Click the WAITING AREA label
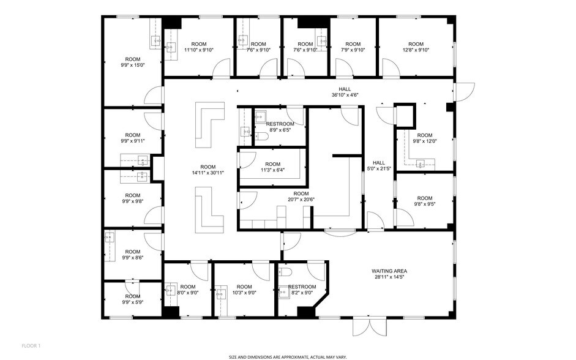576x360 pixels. click(x=389, y=274)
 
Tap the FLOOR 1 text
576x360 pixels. click(x=30, y=346)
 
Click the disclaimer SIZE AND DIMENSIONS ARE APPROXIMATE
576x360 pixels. click(x=288, y=355)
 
